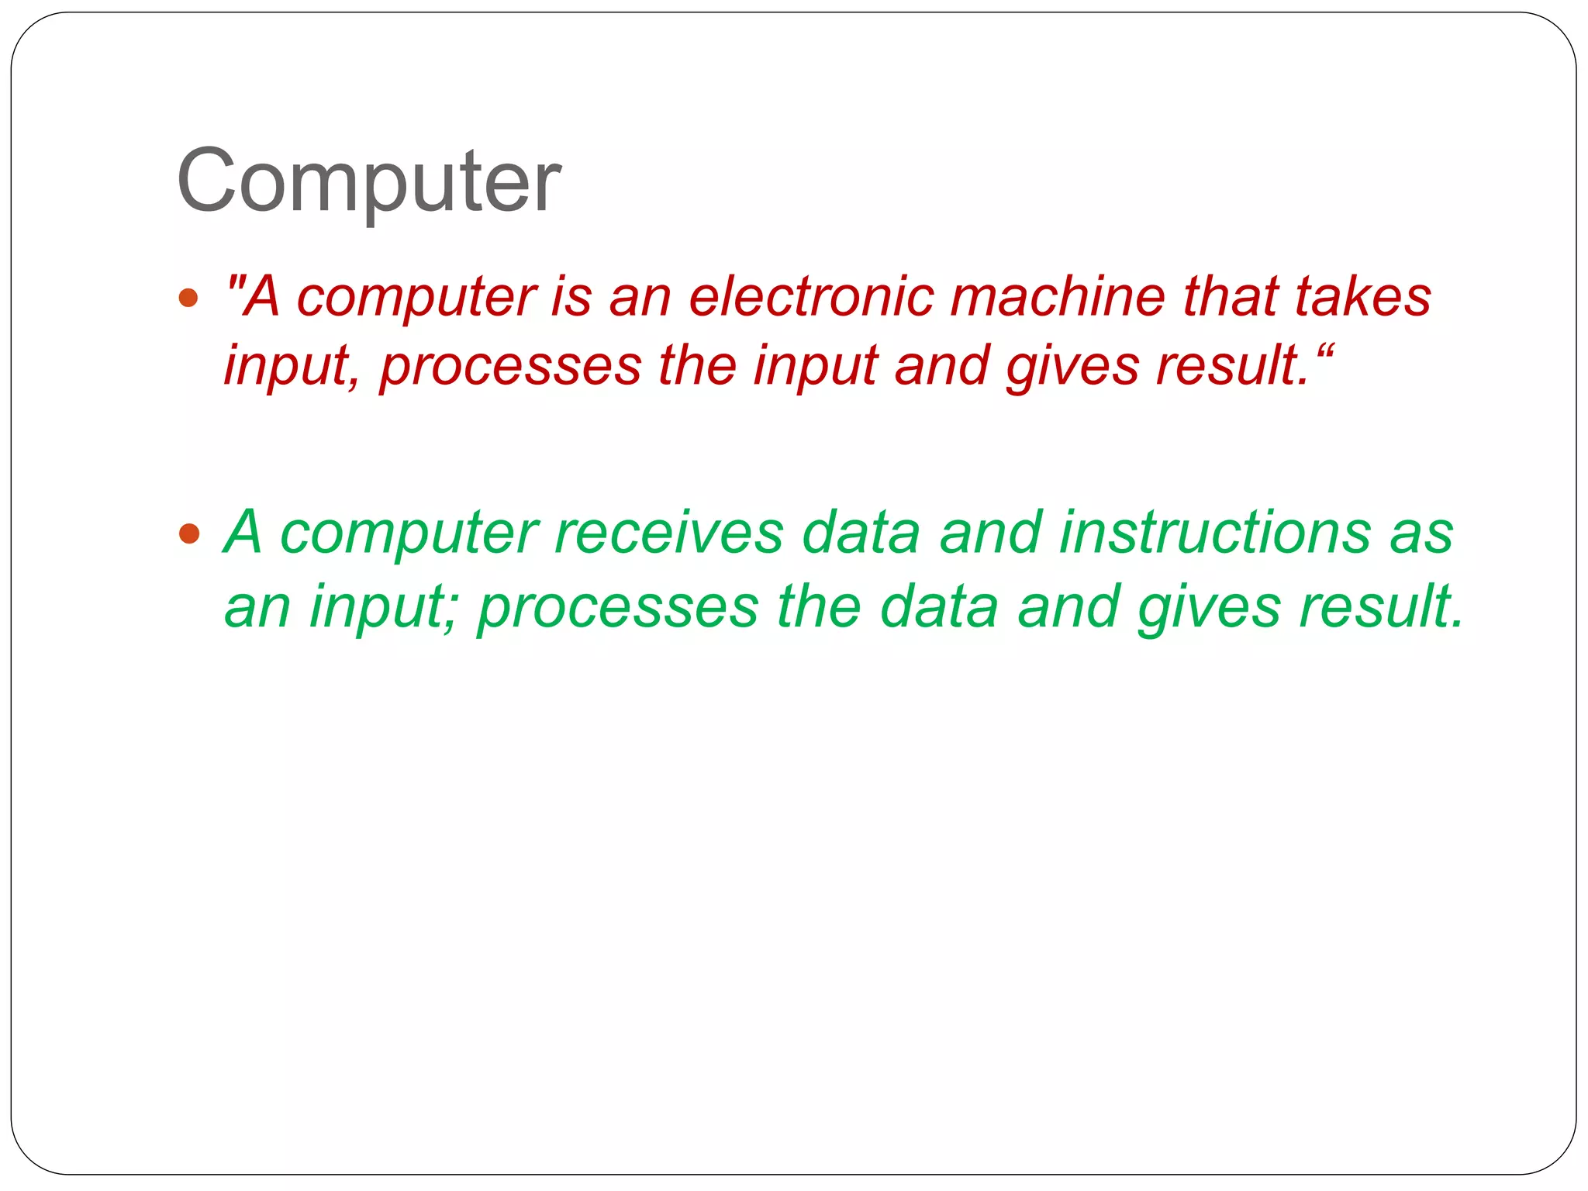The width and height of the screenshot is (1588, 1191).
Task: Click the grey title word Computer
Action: pos(368,181)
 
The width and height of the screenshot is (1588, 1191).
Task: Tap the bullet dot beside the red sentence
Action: pos(188,298)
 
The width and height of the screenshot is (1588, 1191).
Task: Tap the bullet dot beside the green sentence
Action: pos(188,533)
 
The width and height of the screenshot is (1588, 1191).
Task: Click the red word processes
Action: pos(511,366)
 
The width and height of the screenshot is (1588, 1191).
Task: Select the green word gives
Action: pos(1209,606)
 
